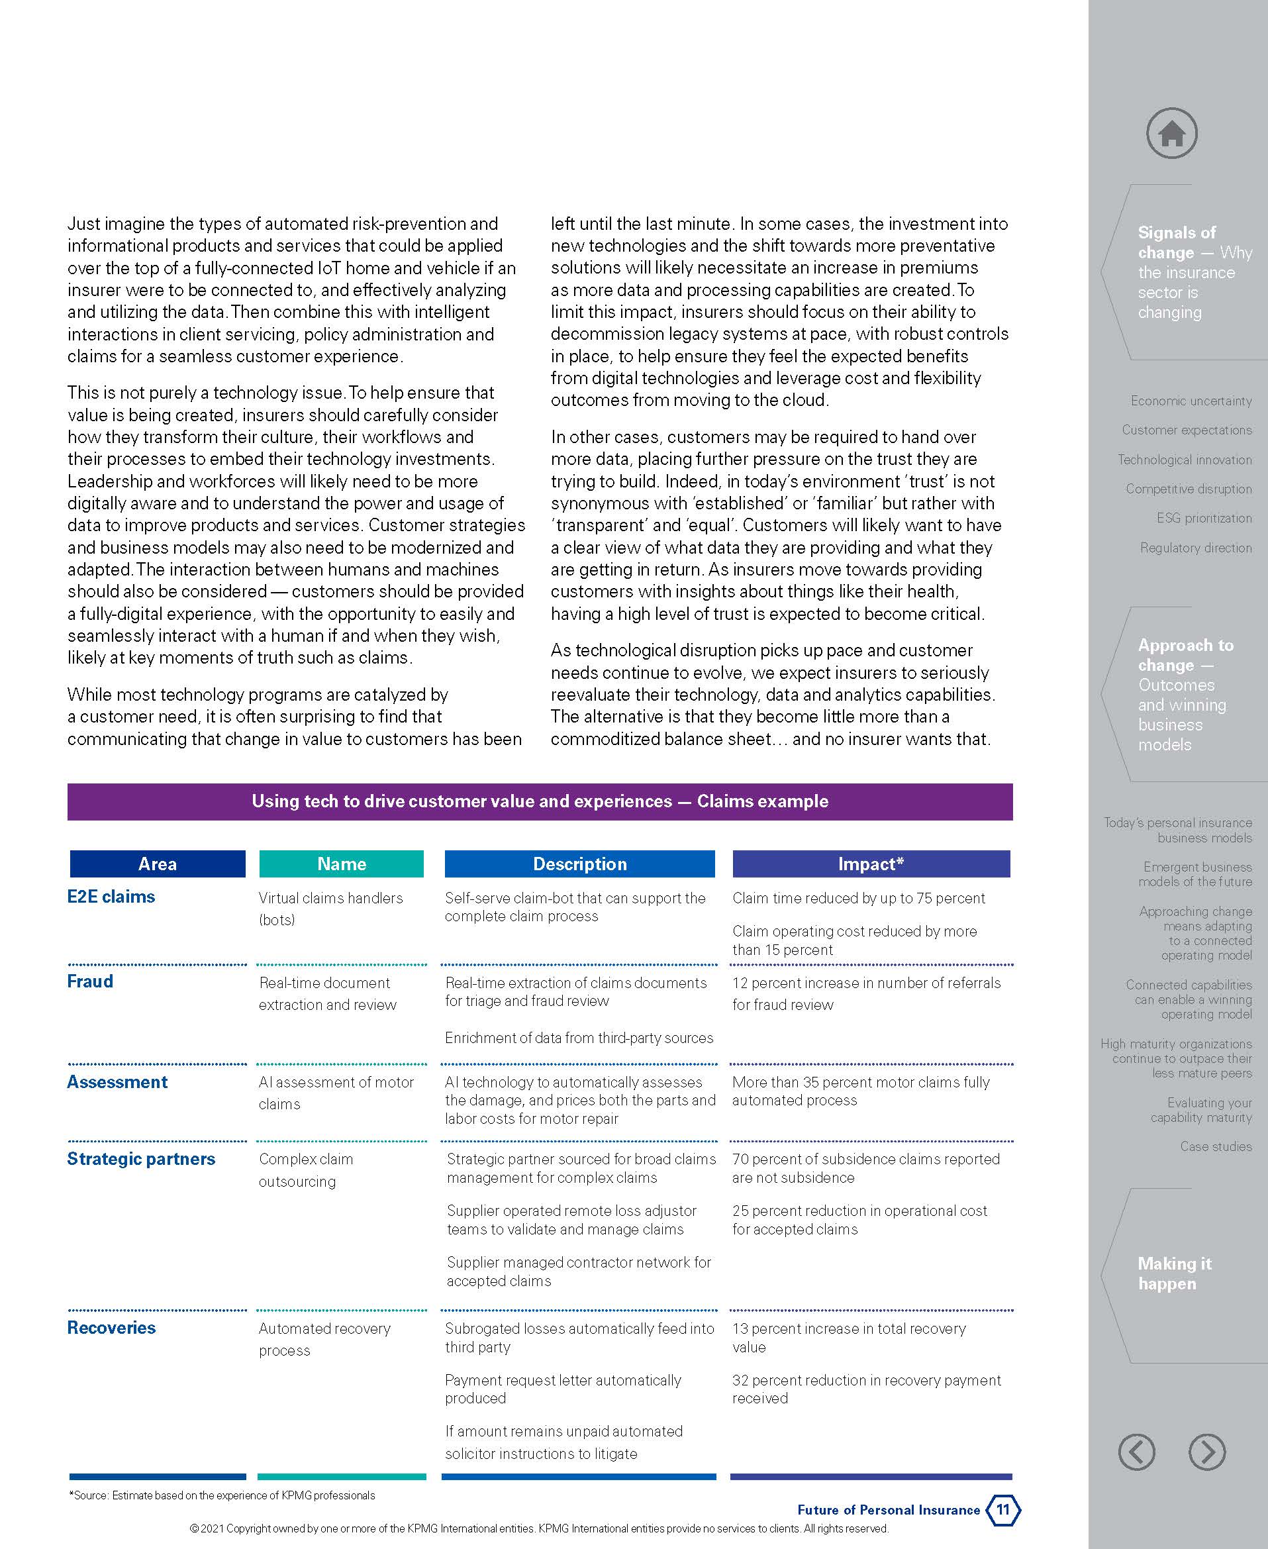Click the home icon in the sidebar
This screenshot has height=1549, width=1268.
click(1171, 133)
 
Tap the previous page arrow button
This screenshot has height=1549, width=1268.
click(1136, 1451)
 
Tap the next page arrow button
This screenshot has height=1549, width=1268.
click(1206, 1451)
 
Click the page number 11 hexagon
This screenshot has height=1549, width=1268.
click(1003, 1509)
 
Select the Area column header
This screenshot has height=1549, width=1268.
click(157, 864)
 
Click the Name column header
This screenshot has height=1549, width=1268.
click(341, 864)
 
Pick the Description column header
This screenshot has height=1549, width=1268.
click(579, 864)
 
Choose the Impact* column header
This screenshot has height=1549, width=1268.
click(871, 864)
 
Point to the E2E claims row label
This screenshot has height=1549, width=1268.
click(111, 897)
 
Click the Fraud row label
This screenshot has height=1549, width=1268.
click(90, 981)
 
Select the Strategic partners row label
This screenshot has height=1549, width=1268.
click(141, 1159)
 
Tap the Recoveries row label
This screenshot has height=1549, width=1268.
click(111, 1328)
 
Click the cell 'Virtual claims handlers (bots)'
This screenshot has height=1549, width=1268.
click(330, 908)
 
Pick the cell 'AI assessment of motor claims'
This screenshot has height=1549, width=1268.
click(336, 1092)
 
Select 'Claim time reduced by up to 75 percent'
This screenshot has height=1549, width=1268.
click(858, 898)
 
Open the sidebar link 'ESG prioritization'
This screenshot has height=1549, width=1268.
click(1204, 518)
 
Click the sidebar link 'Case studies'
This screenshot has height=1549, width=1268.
click(1216, 1146)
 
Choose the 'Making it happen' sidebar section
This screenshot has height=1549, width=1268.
click(1174, 1274)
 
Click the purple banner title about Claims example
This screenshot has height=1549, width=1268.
click(540, 801)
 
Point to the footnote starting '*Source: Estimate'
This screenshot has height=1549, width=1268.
click(222, 1495)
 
